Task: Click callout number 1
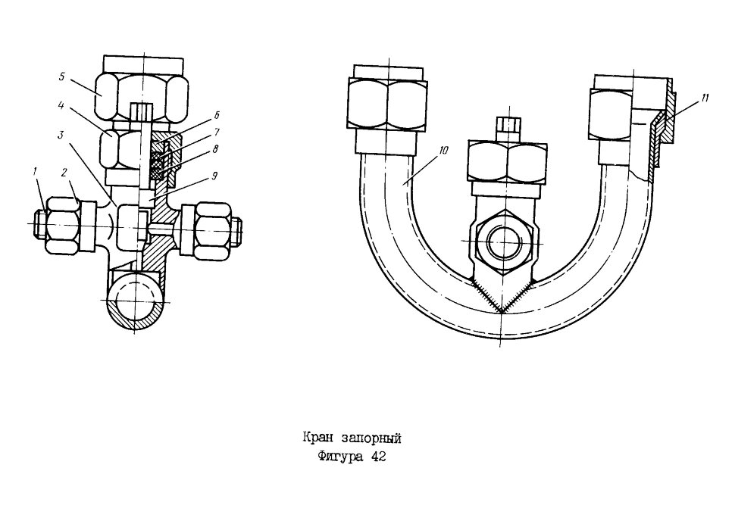tap(35, 173)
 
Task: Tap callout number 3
tap(61, 136)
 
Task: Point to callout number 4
tap(61, 106)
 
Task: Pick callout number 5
tap(62, 76)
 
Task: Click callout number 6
tap(216, 115)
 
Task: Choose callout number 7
tap(216, 132)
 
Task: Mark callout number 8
tap(215, 149)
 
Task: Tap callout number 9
tap(214, 176)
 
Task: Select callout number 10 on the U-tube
tap(444, 151)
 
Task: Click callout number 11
tap(705, 98)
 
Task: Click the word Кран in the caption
tap(317, 438)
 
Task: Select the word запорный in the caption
tap(372, 439)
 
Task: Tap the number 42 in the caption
tap(378, 457)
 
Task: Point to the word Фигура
tap(340, 457)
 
